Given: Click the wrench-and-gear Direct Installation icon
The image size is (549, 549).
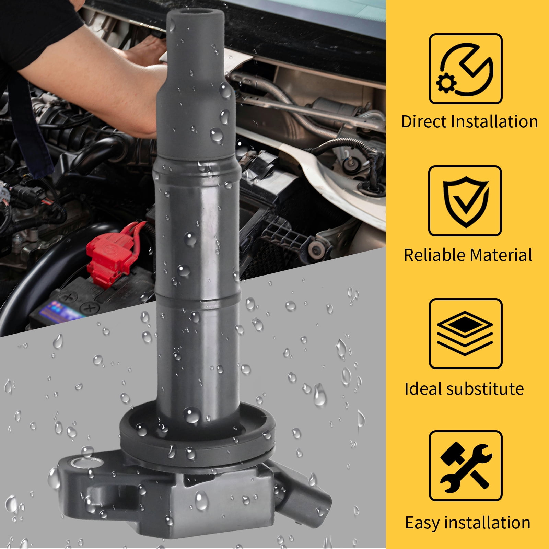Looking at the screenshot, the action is pos(466,69).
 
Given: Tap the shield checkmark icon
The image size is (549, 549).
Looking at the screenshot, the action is pos(466,201).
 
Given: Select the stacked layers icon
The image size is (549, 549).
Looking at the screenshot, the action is pos(466,334).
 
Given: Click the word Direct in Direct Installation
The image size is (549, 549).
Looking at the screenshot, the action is pos(424,121).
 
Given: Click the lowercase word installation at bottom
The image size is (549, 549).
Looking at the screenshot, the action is pos(487,523).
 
